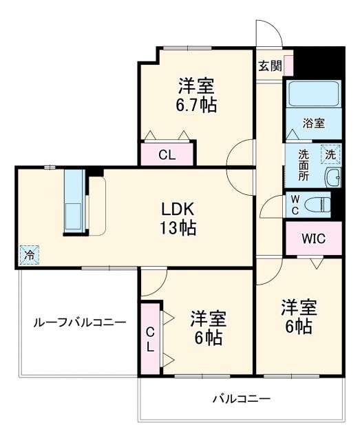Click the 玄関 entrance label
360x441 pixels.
[270, 66]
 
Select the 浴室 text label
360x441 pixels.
[314, 123]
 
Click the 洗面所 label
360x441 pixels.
[304, 165]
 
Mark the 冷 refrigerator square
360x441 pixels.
[30, 254]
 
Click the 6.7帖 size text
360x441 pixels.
[196, 105]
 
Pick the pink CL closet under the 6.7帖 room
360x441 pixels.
[167, 154]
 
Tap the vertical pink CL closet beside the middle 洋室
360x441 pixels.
[149, 338]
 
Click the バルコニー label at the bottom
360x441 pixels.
[241, 398]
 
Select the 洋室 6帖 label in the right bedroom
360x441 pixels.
[297, 316]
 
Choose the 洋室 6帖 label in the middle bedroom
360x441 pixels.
[208, 328]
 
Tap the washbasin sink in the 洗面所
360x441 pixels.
[333, 177]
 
